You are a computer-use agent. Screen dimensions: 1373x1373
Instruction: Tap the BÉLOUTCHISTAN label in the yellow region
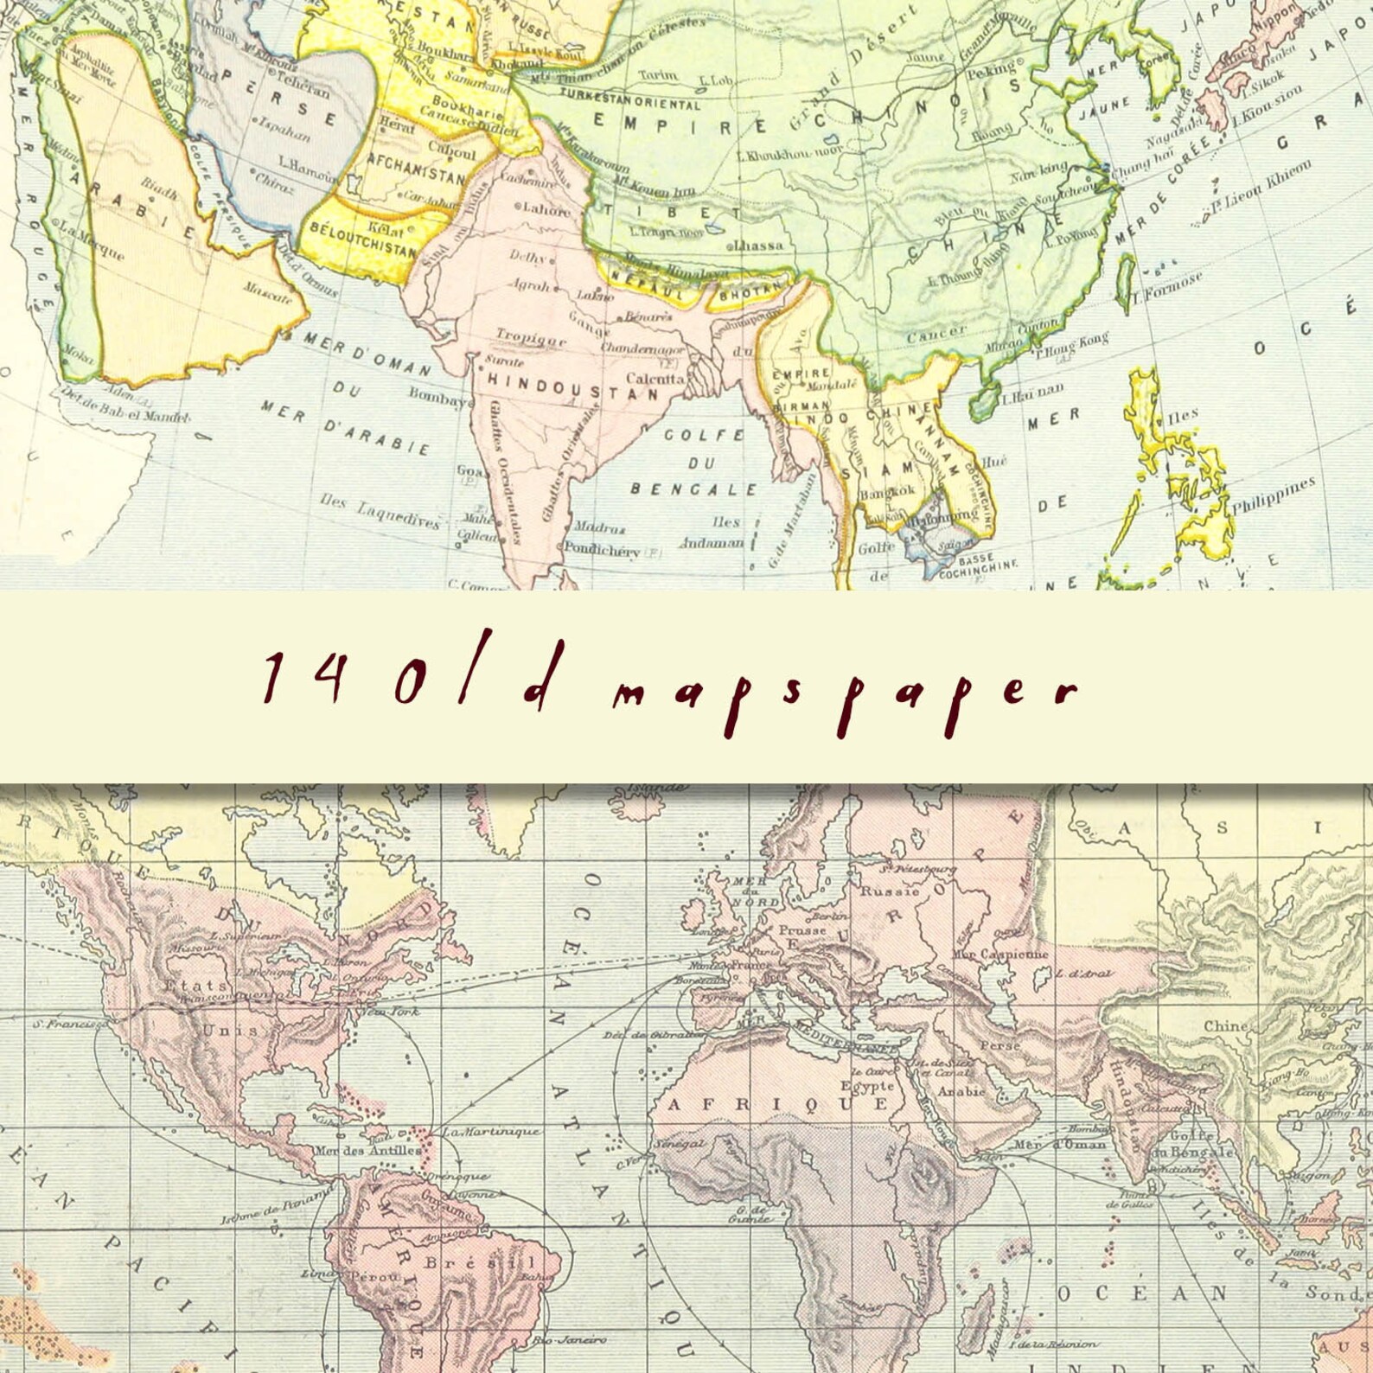click(362, 239)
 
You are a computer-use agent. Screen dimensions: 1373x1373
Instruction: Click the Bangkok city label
click(887, 491)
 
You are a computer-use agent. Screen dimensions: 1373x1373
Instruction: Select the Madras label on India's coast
click(600, 527)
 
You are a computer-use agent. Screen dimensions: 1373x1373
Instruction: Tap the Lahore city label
click(545, 209)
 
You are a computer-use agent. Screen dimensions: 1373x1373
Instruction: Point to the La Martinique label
click(490, 1132)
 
